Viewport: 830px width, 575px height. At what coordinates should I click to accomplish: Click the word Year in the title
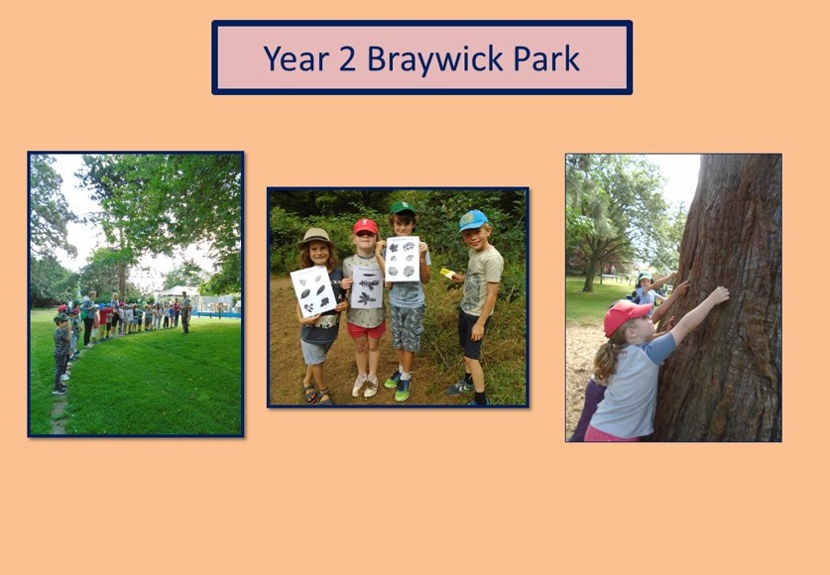(296, 58)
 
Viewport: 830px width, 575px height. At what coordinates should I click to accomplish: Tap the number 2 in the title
(347, 58)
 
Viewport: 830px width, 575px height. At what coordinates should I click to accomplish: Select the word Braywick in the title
(434, 59)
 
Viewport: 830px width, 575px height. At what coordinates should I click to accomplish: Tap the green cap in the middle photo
(403, 207)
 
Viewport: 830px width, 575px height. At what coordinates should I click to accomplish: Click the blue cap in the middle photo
(473, 219)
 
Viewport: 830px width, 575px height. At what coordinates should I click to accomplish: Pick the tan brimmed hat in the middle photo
(315, 237)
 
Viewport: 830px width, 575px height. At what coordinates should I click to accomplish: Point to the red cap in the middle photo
(366, 226)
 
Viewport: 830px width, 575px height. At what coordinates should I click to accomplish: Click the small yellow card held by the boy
(447, 273)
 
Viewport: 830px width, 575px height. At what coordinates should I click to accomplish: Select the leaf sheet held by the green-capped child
(403, 259)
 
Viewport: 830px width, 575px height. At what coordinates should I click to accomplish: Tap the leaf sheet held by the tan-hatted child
(312, 291)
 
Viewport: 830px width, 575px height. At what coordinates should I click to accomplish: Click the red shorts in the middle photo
(366, 330)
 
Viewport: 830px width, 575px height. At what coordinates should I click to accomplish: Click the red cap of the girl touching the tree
(625, 316)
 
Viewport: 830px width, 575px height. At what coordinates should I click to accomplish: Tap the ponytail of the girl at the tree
(606, 361)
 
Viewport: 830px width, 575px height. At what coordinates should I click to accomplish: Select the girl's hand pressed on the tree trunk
(719, 295)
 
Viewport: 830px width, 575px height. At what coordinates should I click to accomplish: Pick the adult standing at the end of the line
(185, 312)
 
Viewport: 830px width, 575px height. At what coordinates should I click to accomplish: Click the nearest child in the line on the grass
(61, 353)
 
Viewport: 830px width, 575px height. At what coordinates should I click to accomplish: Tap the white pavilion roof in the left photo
(178, 291)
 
